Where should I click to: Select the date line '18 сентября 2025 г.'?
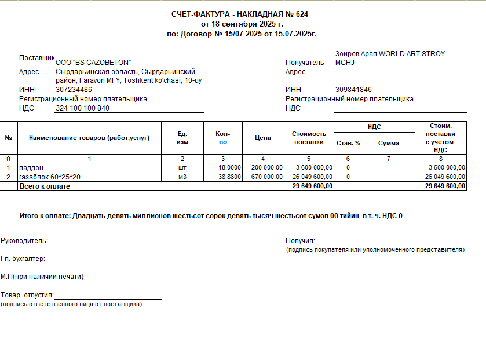(x=242, y=24)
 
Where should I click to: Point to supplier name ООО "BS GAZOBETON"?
(x=93, y=62)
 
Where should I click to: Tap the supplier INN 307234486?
(x=74, y=90)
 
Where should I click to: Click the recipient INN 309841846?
(x=353, y=90)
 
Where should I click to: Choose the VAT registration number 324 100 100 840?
(x=82, y=108)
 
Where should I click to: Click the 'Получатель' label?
(x=305, y=62)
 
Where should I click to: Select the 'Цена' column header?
(x=263, y=138)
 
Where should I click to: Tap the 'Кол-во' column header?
(x=223, y=138)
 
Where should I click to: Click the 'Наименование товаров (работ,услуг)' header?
(x=89, y=138)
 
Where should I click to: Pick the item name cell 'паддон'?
(x=31, y=168)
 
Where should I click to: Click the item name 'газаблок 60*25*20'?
(x=50, y=177)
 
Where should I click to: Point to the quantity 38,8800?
(x=229, y=177)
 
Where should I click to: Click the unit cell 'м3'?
(x=182, y=177)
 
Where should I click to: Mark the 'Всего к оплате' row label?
(x=45, y=186)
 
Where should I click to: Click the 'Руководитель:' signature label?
(x=24, y=241)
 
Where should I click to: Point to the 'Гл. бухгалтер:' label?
(x=23, y=259)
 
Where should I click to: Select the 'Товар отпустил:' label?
(x=27, y=295)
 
